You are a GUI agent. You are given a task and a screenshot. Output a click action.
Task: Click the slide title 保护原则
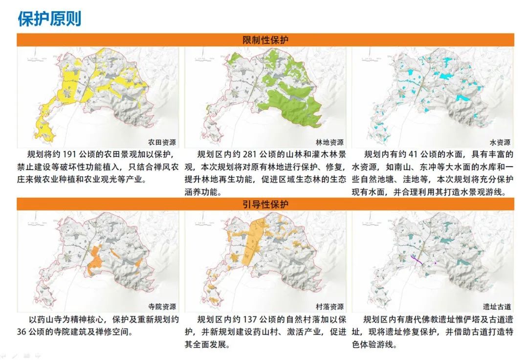[49, 19]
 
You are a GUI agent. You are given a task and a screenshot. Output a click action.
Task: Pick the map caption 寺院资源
[161, 306]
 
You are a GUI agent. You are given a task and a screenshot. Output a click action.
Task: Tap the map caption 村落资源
[330, 306]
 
